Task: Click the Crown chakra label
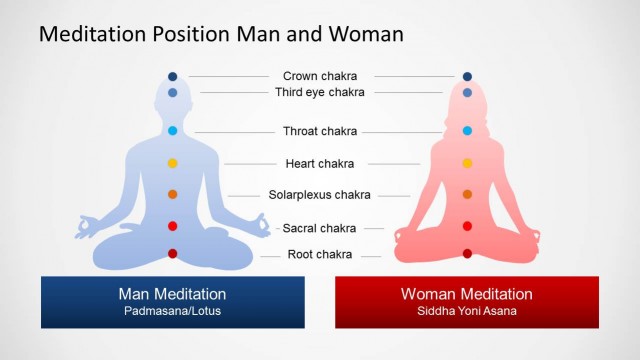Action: pos(320,76)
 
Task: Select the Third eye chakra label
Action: pos(320,92)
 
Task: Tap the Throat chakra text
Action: pos(320,131)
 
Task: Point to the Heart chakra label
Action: pos(320,163)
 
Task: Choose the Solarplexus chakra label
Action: pos(320,195)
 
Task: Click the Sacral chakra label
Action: pos(320,228)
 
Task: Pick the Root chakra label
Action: pos(320,254)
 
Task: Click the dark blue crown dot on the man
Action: pos(173,76)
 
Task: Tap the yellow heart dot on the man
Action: pos(173,163)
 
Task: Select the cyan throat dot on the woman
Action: pos(467,131)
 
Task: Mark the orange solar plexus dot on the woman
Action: pos(467,194)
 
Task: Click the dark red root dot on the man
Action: pos(173,254)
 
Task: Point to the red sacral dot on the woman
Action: pos(467,226)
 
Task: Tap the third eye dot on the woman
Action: pos(467,92)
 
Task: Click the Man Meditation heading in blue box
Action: pos(172,294)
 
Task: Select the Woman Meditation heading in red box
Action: pos(466,294)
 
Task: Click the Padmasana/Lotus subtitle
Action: pos(172,311)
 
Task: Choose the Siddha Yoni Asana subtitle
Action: pos(466,311)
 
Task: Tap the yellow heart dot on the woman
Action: pos(467,163)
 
